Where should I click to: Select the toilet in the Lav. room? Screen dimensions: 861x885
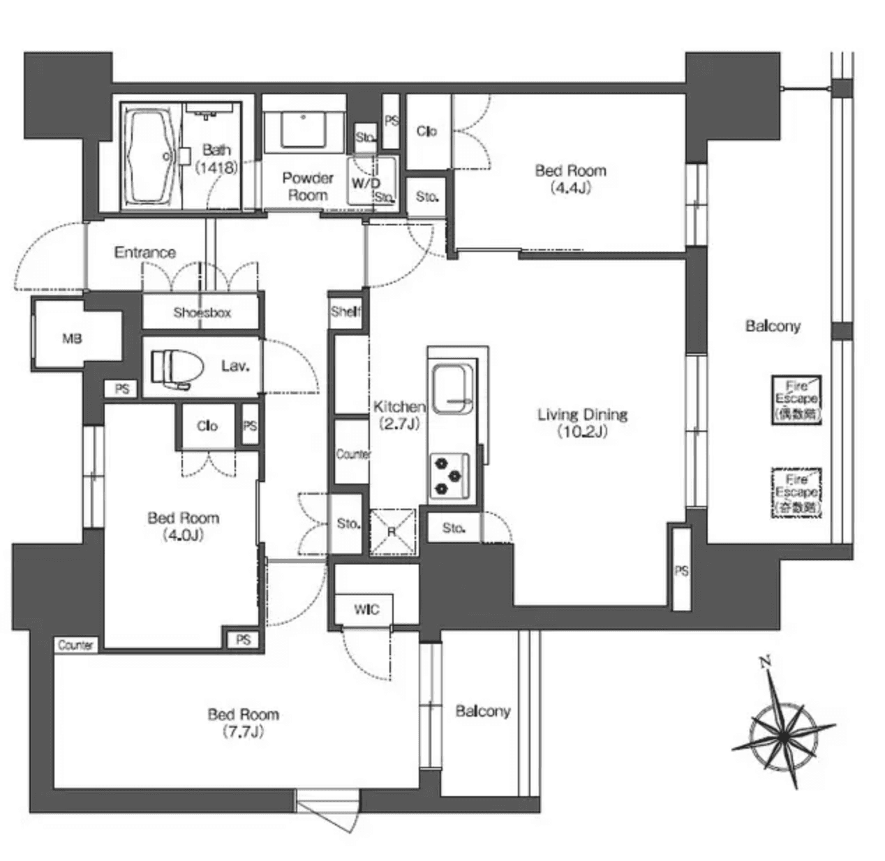(177, 366)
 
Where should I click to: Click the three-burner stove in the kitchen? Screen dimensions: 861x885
(449, 476)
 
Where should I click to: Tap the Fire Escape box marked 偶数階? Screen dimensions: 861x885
(796, 400)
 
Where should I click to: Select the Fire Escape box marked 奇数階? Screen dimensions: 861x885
(796, 493)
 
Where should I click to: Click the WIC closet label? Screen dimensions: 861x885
(366, 610)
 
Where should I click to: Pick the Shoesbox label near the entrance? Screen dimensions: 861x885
(202, 313)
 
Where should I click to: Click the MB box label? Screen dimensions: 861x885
(72, 339)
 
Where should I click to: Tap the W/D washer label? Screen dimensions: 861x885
(366, 184)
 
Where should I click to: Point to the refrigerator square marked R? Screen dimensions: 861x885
(392, 531)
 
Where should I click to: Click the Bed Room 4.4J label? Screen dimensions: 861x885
(570, 179)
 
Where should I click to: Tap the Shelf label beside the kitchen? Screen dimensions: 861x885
(345, 312)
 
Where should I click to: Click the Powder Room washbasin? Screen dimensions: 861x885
(304, 129)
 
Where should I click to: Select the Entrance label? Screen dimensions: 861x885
(145, 253)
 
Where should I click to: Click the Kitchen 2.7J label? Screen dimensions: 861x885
(399, 414)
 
